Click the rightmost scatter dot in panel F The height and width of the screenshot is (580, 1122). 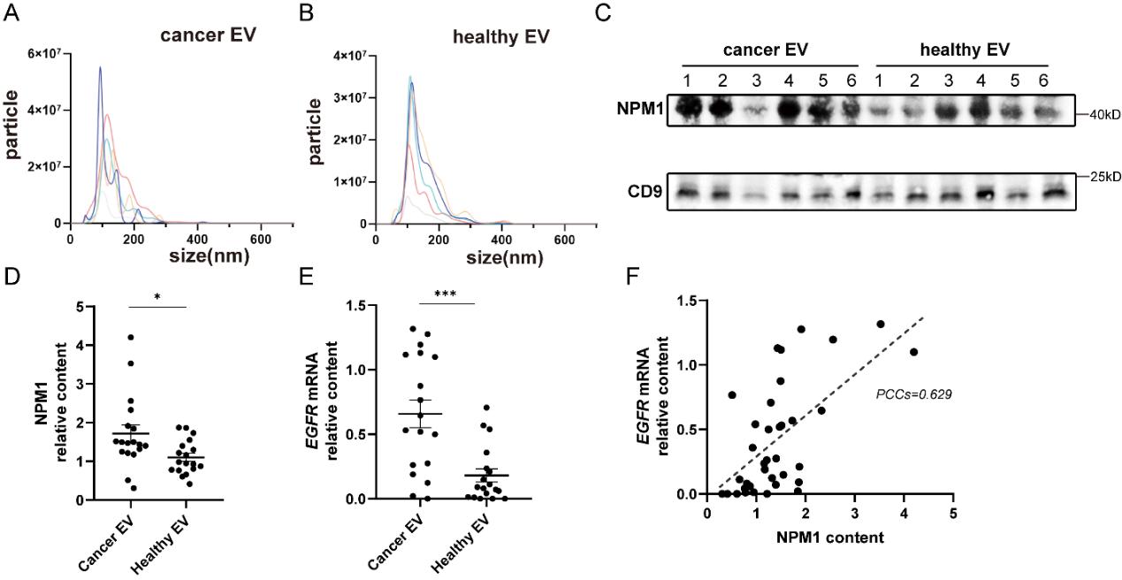click(913, 352)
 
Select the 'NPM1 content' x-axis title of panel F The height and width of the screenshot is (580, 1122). click(828, 537)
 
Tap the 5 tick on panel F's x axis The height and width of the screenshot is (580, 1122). click(952, 513)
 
